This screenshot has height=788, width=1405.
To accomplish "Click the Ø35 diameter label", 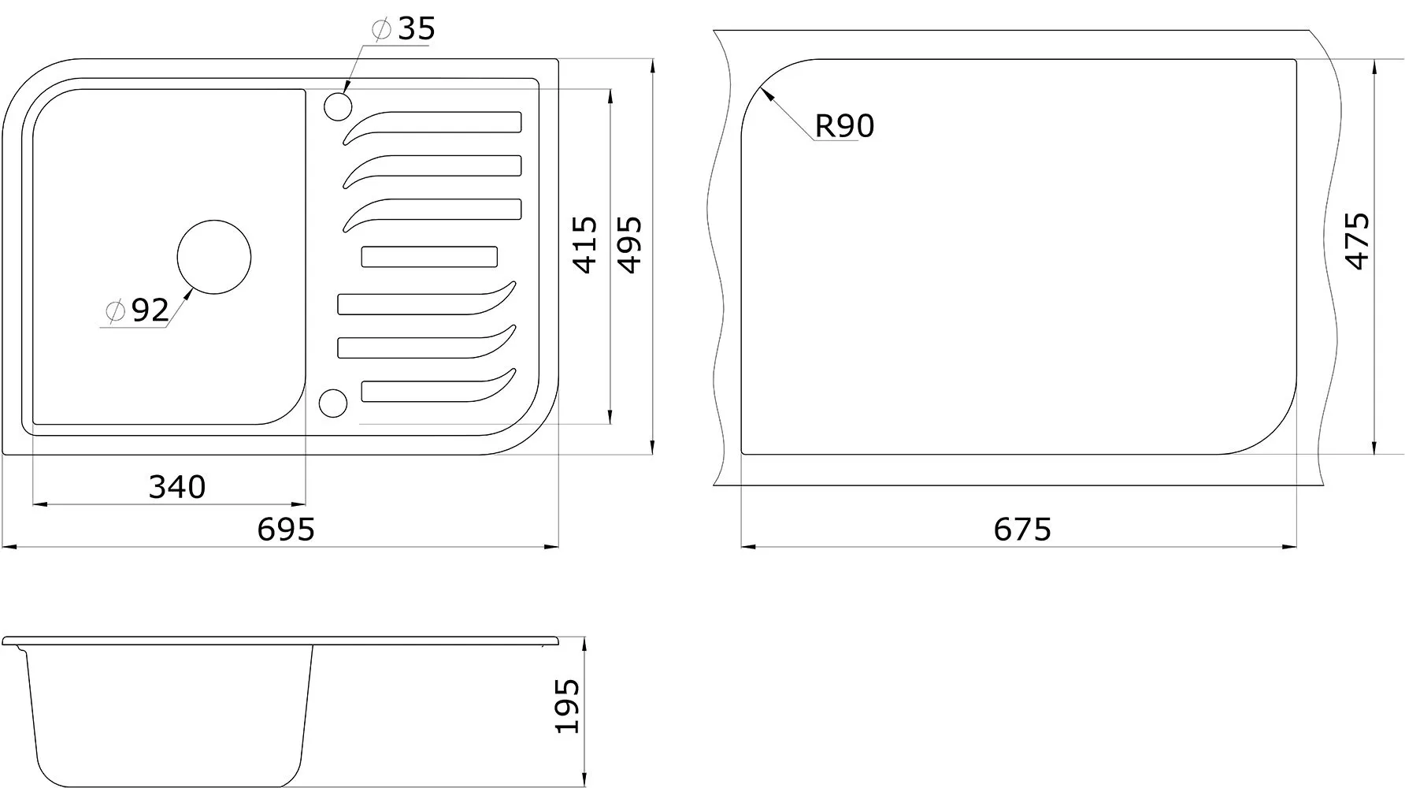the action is (403, 29).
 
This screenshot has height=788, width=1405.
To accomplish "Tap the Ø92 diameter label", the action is (137, 310).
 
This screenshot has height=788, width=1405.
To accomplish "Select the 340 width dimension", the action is (177, 487).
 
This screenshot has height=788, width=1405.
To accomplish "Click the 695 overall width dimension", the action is (286, 530).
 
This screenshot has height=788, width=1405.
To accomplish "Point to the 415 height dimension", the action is (585, 245).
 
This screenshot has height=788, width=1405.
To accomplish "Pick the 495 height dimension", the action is (629, 245).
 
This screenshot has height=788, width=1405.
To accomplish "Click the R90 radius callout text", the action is (844, 126).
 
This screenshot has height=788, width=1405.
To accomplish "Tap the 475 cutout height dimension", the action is (1357, 241).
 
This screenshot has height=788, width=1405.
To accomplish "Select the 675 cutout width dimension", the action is (1022, 530).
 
